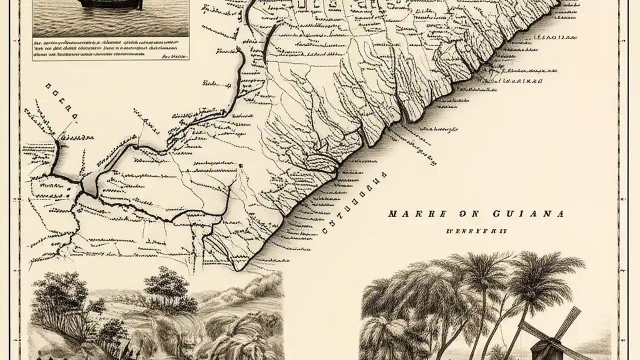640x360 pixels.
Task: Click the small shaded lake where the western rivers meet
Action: click(90, 183)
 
